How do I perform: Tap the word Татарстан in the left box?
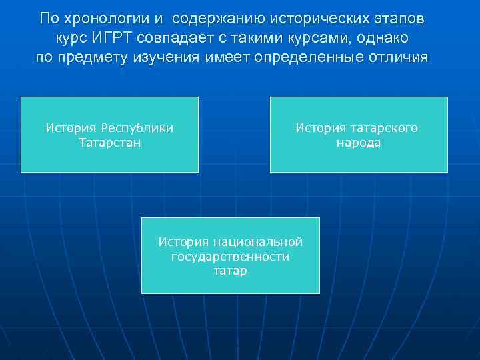click(x=109, y=143)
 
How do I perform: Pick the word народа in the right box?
click(x=358, y=143)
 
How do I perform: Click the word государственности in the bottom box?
click(x=230, y=256)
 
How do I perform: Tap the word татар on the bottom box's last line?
click(x=230, y=271)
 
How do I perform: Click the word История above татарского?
click(x=321, y=128)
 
